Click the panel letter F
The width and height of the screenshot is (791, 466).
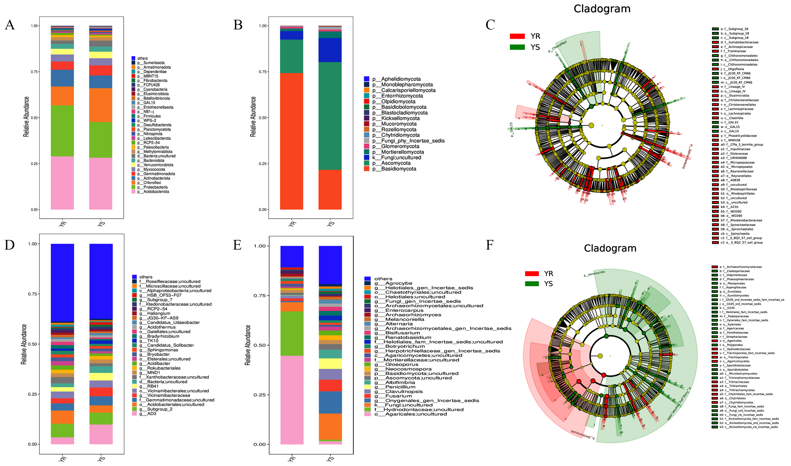point(490,245)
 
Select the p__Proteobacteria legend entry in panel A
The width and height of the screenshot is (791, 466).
point(155,187)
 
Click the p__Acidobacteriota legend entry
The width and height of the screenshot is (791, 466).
point(156,192)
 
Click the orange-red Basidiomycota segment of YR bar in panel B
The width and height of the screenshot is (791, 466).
point(291,141)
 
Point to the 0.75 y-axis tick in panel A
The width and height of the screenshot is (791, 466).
point(34,72)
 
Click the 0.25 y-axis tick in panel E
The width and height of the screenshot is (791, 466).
point(259,395)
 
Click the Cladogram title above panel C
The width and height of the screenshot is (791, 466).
point(602,9)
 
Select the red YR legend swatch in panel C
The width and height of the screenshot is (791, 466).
point(517,36)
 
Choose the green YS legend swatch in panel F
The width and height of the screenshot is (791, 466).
point(532,284)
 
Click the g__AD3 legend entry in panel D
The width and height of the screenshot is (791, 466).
point(151,414)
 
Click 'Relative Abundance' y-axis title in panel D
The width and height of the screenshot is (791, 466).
point(24,344)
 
